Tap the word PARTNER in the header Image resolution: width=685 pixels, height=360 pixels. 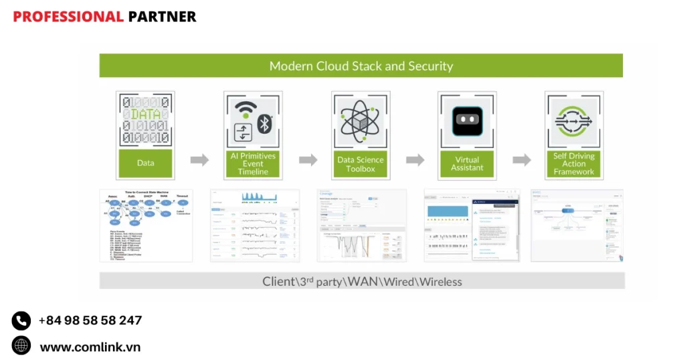pyautogui.click(x=162, y=17)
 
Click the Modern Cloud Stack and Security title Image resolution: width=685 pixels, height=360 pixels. pyautogui.click(x=361, y=66)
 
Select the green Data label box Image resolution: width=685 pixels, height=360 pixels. pyautogui.click(x=145, y=163)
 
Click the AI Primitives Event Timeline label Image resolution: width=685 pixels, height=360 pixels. pyautogui.click(x=253, y=163)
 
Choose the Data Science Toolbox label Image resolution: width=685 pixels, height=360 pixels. pyautogui.click(x=361, y=164)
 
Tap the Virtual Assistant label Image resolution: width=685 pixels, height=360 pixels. pyautogui.click(x=467, y=164)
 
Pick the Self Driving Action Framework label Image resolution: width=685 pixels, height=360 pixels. pyautogui.click(x=574, y=163)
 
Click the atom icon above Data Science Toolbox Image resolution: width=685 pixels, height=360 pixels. pyautogui.click(x=361, y=120)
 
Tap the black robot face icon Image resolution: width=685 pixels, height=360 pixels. pyautogui.click(x=467, y=120)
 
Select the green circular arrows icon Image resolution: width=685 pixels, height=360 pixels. pyautogui.click(x=574, y=120)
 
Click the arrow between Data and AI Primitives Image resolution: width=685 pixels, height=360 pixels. pyautogui.click(x=199, y=160)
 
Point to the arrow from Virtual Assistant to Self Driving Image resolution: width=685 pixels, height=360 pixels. pyautogui.click(x=522, y=160)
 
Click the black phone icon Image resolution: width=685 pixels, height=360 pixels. pyautogui.click(x=21, y=321)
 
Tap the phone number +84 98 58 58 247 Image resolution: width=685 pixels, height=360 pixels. pyautogui.click(x=90, y=321)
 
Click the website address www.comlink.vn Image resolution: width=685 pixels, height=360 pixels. pyautogui.click(x=90, y=347)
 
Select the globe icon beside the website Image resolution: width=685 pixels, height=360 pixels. pyautogui.click(x=21, y=346)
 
